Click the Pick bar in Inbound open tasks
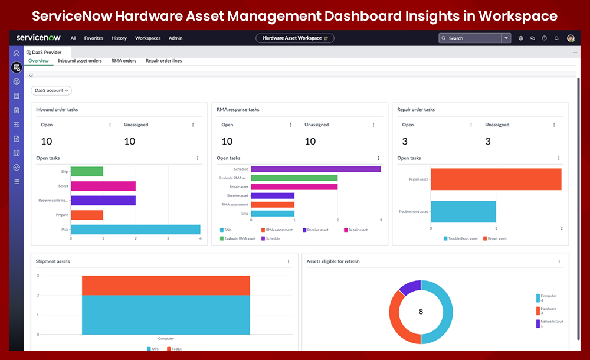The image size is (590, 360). [135, 230]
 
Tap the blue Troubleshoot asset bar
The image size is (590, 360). [463, 211]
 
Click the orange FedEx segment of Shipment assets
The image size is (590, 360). [166, 285]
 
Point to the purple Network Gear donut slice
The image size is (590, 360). [409, 287]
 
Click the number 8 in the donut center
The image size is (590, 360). [421, 312]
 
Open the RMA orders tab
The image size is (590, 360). [124, 60]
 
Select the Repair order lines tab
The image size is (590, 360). [163, 60]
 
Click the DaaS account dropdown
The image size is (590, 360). [51, 91]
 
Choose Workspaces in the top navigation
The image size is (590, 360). [147, 38]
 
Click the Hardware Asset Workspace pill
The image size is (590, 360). [295, 38]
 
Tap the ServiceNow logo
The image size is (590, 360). [38, 38]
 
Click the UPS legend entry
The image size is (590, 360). [153, 349]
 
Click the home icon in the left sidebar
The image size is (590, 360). [17, 53]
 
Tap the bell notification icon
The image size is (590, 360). [556, 38]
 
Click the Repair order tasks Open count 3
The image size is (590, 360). [404, 141]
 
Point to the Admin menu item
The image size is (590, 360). [175, 38]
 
